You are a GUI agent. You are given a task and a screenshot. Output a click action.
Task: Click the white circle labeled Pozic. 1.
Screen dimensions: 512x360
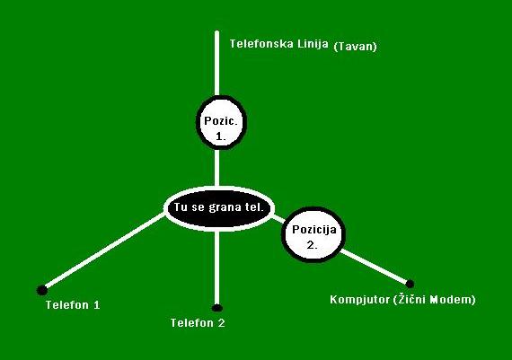(x=221, y=122)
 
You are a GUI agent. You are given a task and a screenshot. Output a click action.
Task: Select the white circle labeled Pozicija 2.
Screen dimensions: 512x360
(x=313, y=234)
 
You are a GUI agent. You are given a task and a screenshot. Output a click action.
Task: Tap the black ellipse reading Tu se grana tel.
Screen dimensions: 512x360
(x=219, y=208)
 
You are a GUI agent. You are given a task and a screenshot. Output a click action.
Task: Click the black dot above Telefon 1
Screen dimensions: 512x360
(x=42, y=290)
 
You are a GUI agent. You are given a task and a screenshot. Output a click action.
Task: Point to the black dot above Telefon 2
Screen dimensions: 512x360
(x=216, y=308)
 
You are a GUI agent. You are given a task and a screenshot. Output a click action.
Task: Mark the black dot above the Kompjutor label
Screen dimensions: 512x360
(x=410, y=284)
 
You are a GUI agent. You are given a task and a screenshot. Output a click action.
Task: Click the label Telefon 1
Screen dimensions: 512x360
(x=73, y=305)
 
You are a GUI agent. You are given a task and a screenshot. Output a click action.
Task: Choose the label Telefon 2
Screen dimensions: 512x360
(x=198, y=323)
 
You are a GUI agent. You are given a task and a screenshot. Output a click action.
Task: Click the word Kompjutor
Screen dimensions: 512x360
(x=359, y=300)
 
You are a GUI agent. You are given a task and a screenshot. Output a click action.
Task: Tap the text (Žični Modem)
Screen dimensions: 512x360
(x=434, y=300)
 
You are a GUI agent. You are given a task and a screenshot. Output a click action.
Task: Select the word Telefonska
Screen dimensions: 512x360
(x=261, y=44)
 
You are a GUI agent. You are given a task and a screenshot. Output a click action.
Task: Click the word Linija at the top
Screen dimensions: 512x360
(x=313, y=44)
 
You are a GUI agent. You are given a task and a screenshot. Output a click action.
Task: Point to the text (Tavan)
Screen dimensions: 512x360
(x=356, y=47)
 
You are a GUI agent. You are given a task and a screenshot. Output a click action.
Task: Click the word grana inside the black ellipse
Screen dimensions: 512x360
(x=222, y=208)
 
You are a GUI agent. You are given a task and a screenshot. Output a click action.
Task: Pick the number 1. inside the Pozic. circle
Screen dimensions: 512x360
(x=221, y=136)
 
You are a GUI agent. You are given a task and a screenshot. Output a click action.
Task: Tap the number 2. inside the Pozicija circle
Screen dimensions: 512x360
(x=313, y=245)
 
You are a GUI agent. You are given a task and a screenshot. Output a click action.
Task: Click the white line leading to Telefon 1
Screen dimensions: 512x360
(x=104, y=250)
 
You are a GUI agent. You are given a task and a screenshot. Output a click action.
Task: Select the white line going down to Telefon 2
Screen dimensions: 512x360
(x=216, y=267)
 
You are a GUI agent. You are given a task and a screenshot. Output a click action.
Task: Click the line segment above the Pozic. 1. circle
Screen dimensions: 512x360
(x=216, y=64)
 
